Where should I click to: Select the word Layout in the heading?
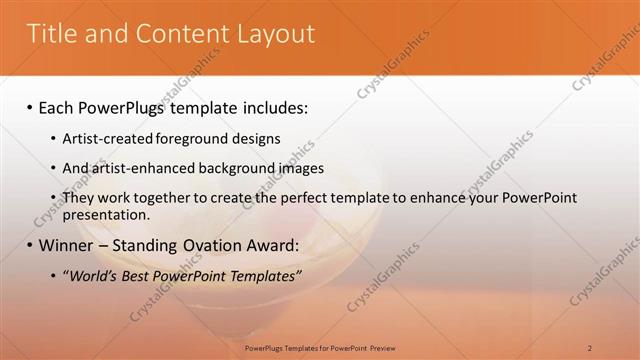click(277, 34)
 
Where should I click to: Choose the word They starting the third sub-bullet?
click(79, 198)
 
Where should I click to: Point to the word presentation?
click(107, 214)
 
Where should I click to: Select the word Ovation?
click(205, 244)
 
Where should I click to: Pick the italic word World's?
click(95, 275)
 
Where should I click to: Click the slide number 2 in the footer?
click(590, 347)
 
